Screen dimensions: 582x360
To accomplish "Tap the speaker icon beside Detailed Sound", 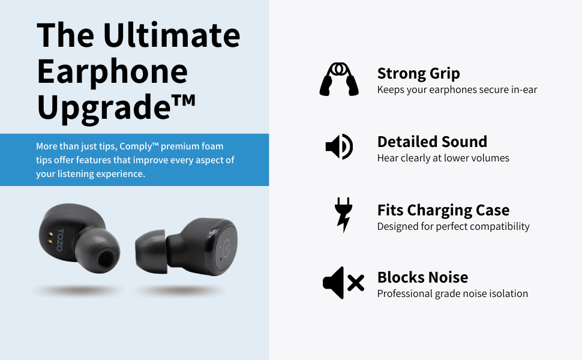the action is pos(339,146).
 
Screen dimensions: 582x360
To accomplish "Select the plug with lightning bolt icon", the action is pos(343,215).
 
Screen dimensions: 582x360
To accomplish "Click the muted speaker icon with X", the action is pos(343,283).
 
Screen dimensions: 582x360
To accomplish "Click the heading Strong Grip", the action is pos(418,73).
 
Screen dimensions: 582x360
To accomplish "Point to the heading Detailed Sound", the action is pos(432,142).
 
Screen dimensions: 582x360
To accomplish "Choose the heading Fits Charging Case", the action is pos(443,211).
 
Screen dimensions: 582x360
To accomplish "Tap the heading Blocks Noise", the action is pos(422,277).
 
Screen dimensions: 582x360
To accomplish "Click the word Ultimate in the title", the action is pos(172,35).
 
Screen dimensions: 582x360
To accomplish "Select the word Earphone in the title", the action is pos(112,73).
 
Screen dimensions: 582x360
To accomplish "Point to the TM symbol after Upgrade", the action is pos(184,100).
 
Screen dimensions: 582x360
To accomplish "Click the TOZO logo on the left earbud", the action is pos(60,240).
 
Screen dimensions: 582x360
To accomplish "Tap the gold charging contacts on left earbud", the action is pos(50,238).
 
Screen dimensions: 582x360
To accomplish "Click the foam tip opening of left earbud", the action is pos(106,259).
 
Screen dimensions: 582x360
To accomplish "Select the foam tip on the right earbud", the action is pos(151,251).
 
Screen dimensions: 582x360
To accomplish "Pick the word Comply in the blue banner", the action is pos(136,146).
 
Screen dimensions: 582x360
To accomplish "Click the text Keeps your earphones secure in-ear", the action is pos(457,90).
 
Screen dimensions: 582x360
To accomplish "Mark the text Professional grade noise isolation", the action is pos(452,293).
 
